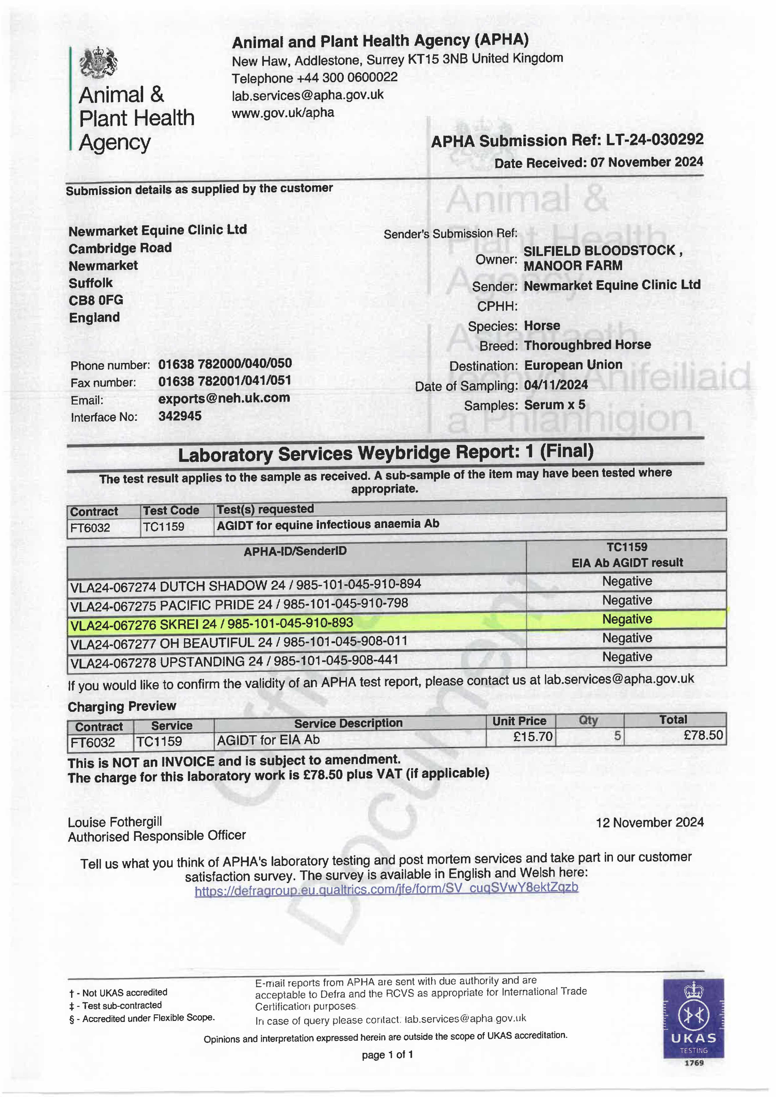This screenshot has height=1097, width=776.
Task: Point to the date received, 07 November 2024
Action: click(x=646, y=162)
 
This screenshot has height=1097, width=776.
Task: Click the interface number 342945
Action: click(x=180, y=416)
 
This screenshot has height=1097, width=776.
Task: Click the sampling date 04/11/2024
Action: click(x=556, y=385)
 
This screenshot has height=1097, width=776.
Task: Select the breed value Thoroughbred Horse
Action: click(x=587, y=345)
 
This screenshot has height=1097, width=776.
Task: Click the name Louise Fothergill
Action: click(x=115, y=822)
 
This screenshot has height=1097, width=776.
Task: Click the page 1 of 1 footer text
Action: click(x=387, y=1054)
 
